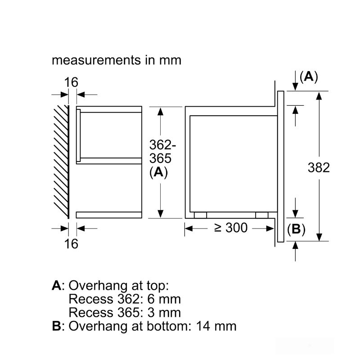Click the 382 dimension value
319,167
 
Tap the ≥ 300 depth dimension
230,228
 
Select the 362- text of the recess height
162,145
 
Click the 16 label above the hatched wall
71,82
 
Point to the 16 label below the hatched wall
71,244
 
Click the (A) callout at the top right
309,76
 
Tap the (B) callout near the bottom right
296,229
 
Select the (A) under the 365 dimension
159,172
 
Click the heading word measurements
96,60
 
